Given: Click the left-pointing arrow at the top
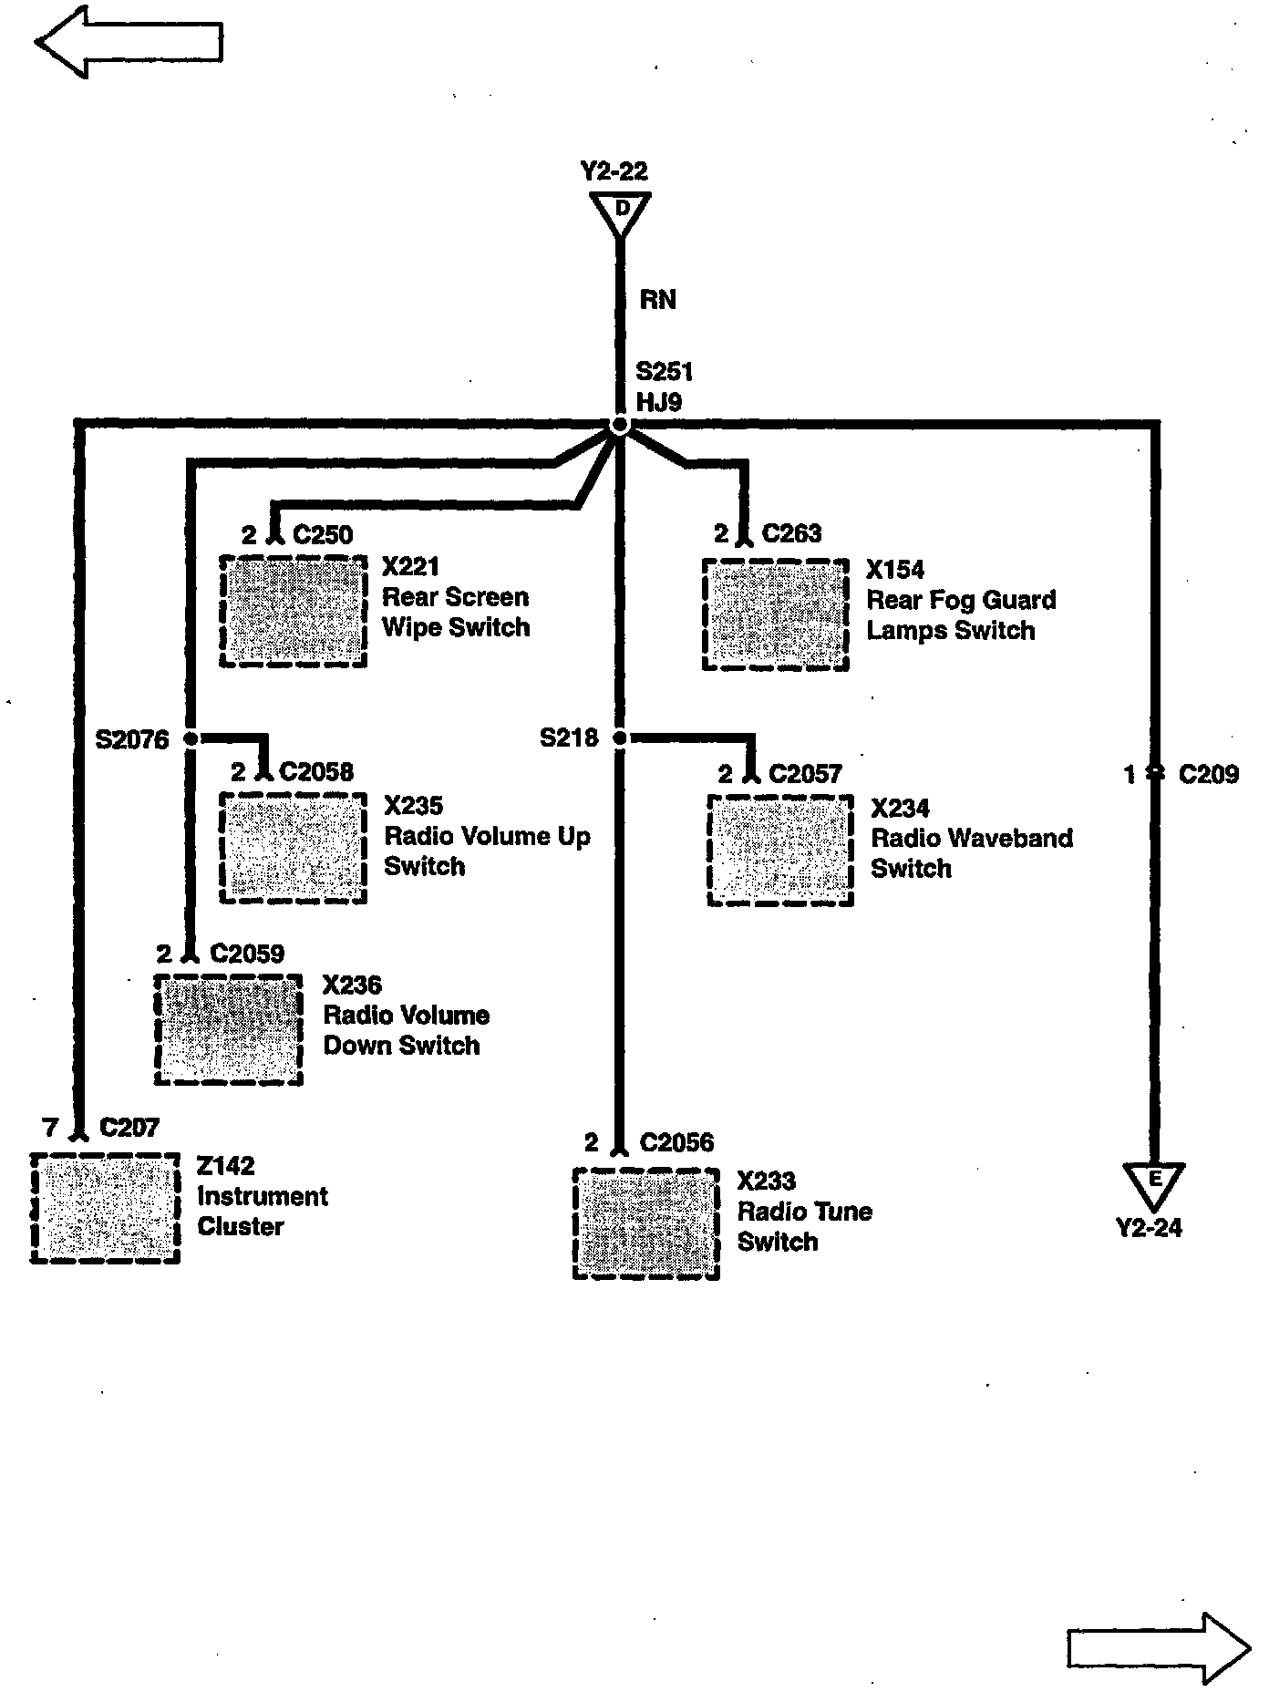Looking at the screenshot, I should pos(128,42).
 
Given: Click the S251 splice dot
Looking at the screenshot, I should pos(620,426).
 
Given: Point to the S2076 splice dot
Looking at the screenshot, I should pos(191,738).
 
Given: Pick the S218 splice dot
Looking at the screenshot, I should pos(620,738).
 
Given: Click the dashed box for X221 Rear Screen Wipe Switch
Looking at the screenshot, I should pos(294,611).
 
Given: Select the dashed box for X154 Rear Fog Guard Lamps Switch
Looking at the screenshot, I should pos(776,614).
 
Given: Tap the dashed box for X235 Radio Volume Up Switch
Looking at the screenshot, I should pos(294,848).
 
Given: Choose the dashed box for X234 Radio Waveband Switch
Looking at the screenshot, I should pos(781,851).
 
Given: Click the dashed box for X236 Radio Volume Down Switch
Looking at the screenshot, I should pos(229,1029).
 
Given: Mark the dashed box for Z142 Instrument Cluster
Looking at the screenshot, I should pos(105,1208).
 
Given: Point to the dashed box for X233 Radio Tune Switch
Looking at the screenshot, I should pos(646,1223).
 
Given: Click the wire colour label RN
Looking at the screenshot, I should pos(657,300).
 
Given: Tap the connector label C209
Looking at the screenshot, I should pos(1208,775).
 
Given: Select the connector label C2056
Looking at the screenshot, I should pos(676,1142).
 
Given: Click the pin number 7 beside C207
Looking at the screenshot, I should pos(51,1128).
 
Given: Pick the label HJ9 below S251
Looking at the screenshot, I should pos(658,402).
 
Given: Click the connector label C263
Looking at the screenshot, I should pos(791,533).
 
